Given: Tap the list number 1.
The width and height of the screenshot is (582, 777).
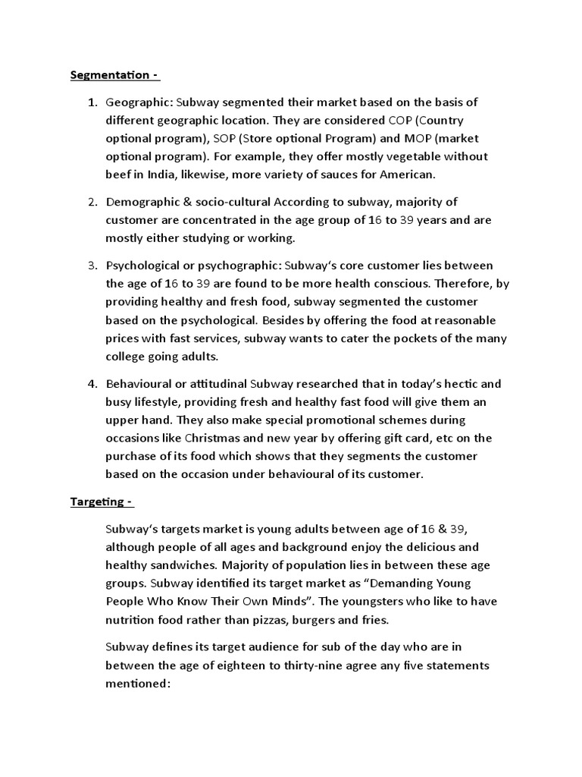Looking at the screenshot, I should [92, 102].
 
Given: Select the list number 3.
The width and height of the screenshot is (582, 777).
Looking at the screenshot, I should [92, 266].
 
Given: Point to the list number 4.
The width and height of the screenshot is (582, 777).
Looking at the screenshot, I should [92, 384].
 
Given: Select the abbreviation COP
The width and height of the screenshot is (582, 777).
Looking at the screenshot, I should [403, 120].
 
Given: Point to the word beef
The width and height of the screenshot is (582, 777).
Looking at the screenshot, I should [120, 175].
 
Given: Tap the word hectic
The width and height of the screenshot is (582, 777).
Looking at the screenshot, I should [455, 384].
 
